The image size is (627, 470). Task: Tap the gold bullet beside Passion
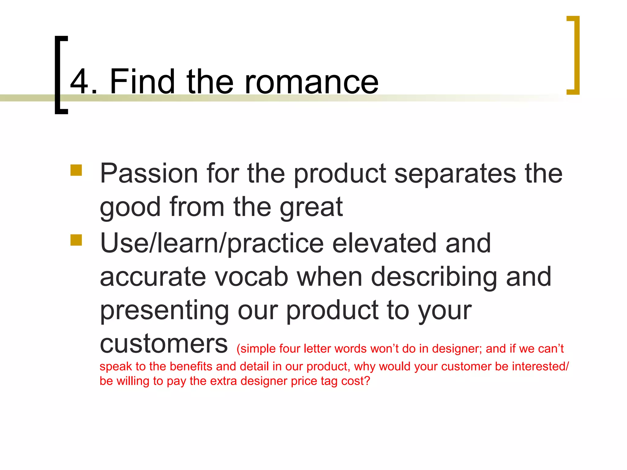click(x=76, y=170)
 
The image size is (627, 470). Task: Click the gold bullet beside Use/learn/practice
click(x=76, y=240)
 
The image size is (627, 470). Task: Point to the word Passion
click(x=149, y=173)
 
